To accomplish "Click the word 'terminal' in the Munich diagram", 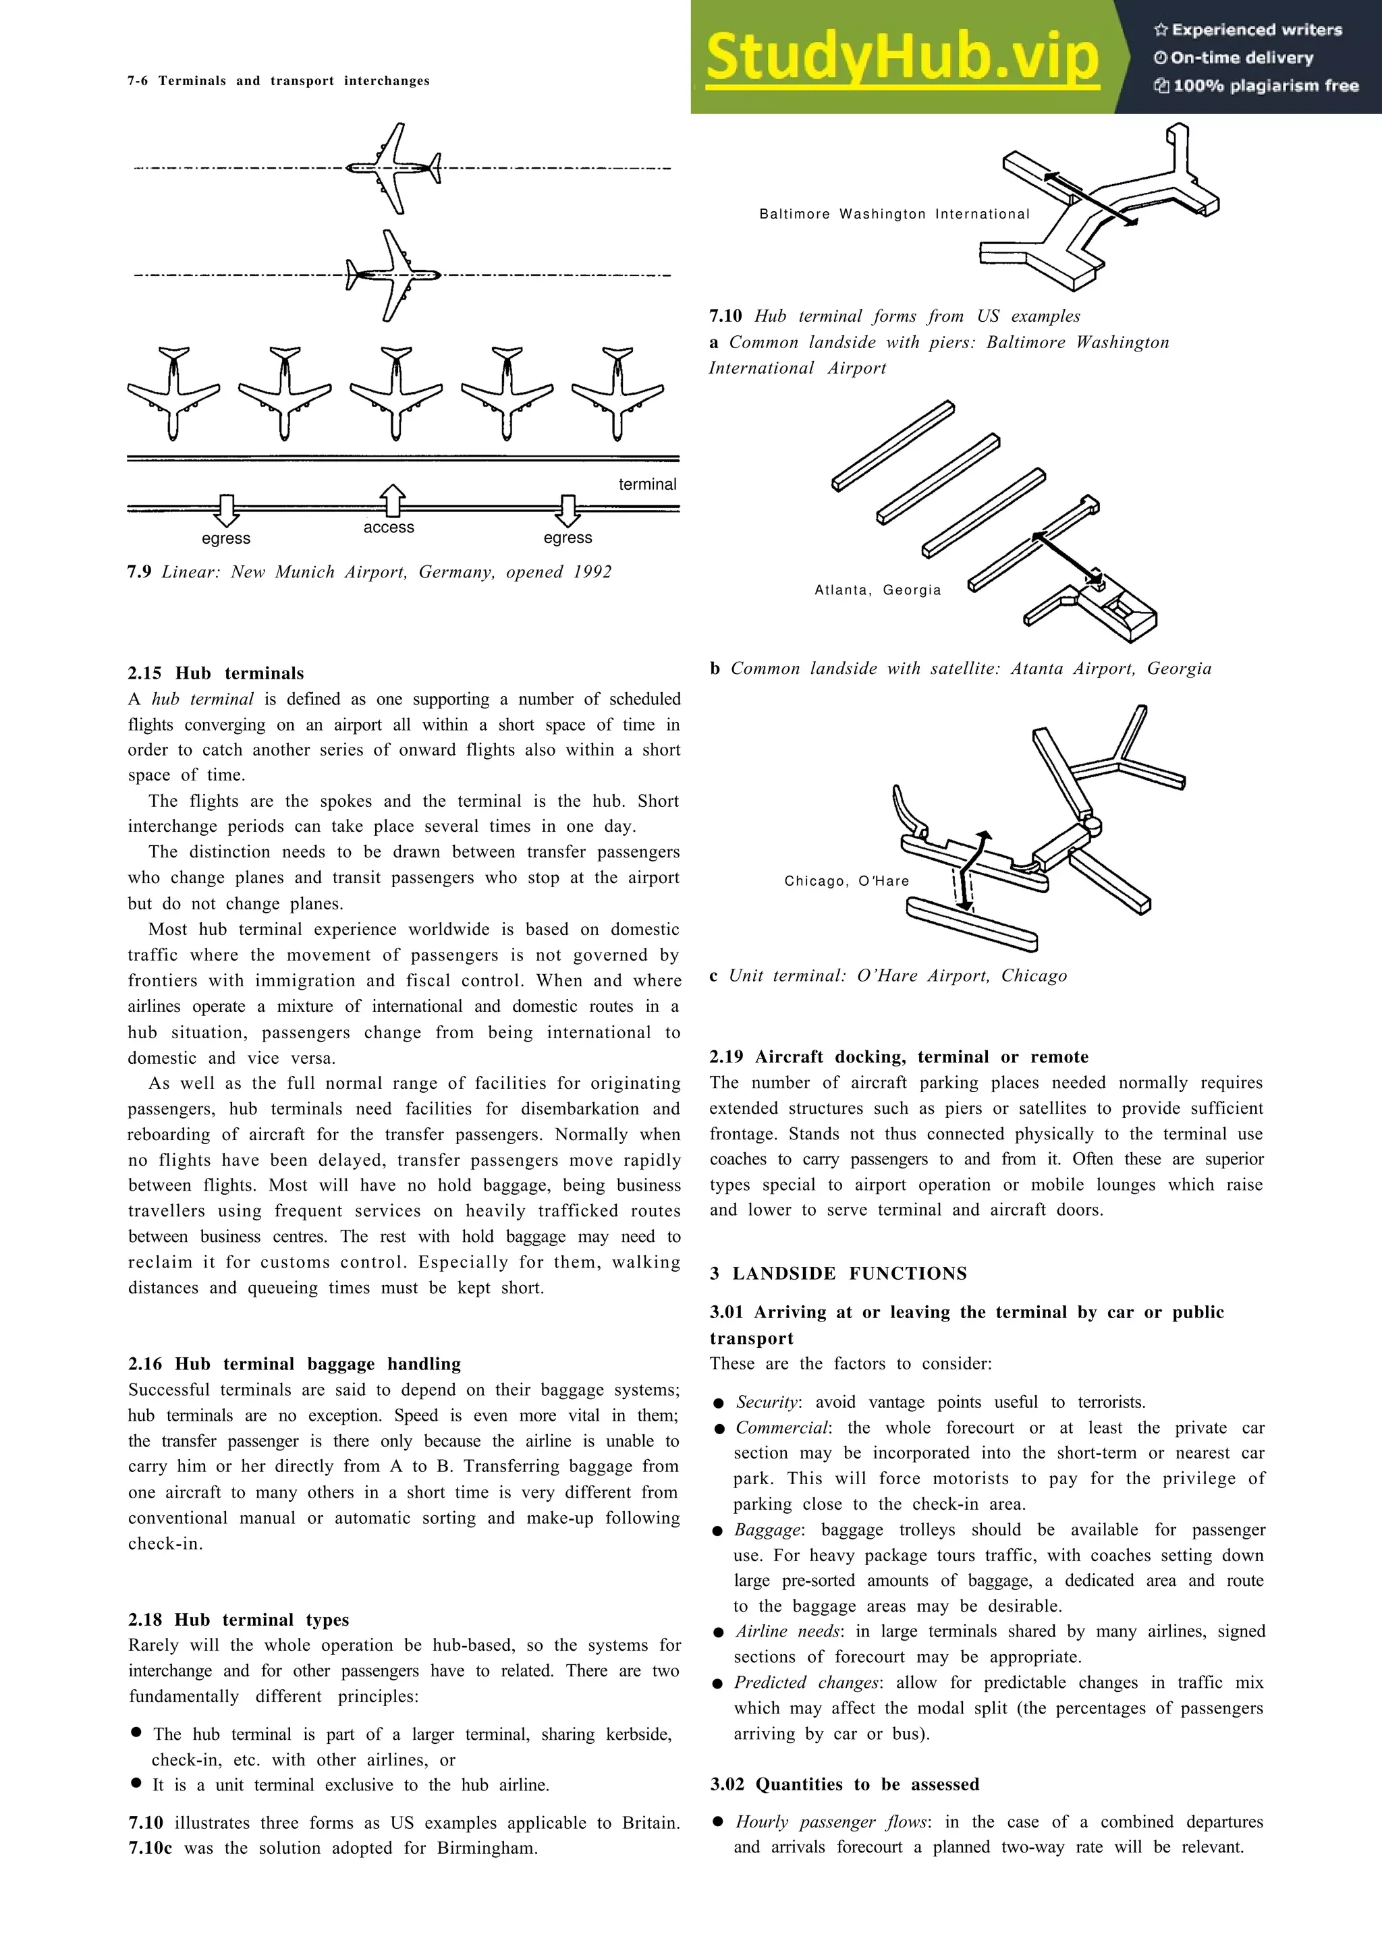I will pyautogui.click(x=647, y=484).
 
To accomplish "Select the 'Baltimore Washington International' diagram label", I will pyautogui.click(x=894, y=215).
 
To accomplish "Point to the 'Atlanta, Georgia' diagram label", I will pyautogui.click(x=877, y=590).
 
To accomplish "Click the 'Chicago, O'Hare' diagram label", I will pyautogui.click(x=846, y=881).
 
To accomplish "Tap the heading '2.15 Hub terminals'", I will pyautogui.click(x=215, y=673).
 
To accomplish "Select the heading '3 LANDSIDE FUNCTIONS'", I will pyautogui.click(x=838, y=1274).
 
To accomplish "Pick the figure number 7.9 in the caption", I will pyautogui.click(x=139, y=572).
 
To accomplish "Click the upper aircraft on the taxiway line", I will pyautogui.click(x=393, y=168).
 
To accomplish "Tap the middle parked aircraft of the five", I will pyautogui.click(x=395, y=393).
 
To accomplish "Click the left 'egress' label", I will pyautogui.click(x=225, y=539).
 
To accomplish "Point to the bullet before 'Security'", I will pyautogui.click(x=719, y=1403).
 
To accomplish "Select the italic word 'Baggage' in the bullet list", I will pyautogui.click(x=767, y=1530).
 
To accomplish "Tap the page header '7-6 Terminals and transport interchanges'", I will pyautogui.click(x=279, y=81).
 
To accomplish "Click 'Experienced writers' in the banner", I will pyautogui.click(x=1248, y=30).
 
